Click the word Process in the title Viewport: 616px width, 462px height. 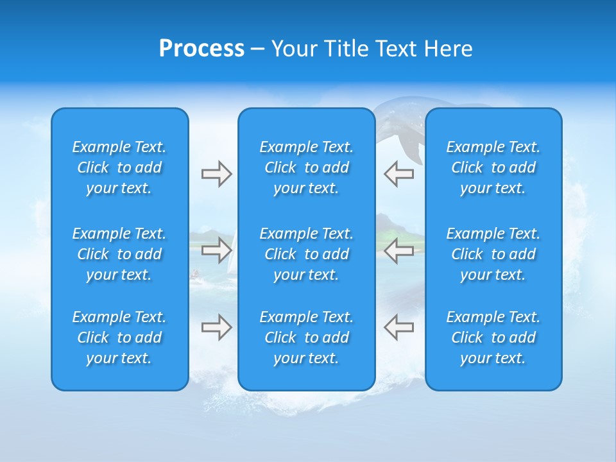coord(201,49)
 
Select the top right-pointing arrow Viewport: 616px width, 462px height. coord(216,174)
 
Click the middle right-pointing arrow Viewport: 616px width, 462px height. coord(216,250)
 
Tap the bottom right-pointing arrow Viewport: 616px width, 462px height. coord(216,327)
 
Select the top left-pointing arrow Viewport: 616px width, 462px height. coord(398,174)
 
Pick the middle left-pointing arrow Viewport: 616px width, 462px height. coord(398,250)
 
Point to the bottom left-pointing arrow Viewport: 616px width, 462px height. coord(398,327)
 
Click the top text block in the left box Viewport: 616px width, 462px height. coord(119,167)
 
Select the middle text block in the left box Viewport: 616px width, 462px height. coord(119,254)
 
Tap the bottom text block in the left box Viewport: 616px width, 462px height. coord(119,338)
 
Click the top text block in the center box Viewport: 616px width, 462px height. coord(306,167)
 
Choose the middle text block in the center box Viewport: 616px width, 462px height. coord(306,254)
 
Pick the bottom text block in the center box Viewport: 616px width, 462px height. coord(306,338)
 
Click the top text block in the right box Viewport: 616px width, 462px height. coord(493,167)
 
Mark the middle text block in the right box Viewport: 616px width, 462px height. coord(493,254)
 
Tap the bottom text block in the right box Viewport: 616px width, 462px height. coord(493,338)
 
